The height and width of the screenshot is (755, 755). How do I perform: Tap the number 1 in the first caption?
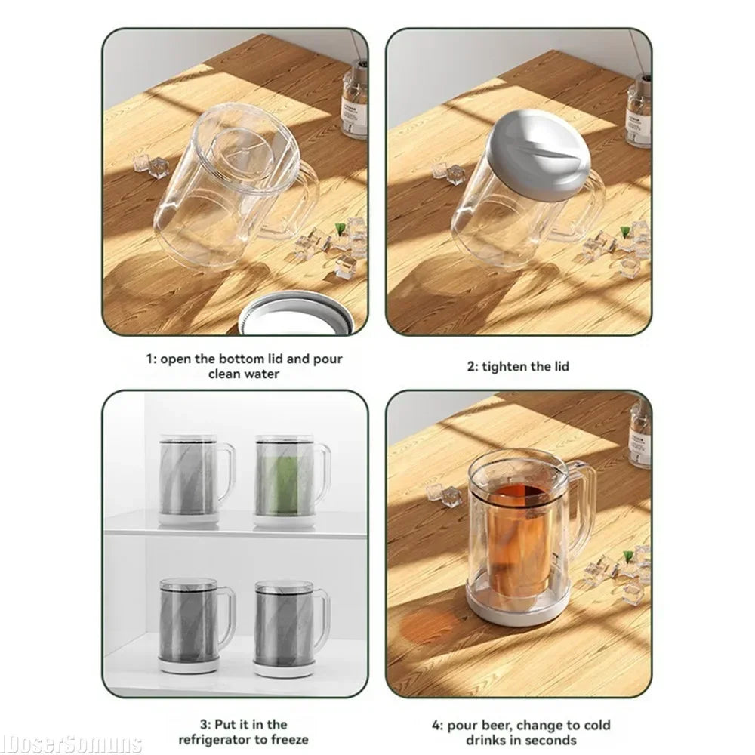click(149, 359)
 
